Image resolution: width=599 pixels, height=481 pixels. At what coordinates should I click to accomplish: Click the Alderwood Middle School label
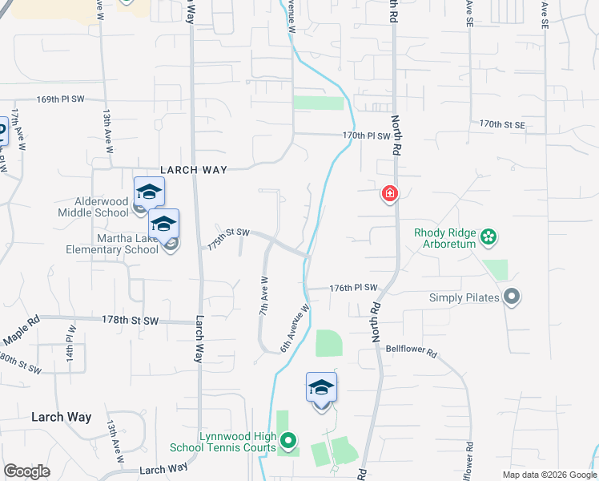[93, 207]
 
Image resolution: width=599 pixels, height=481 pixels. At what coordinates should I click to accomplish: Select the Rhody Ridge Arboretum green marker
[488, 236]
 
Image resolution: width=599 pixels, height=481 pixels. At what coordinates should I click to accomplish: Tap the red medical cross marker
[390, 194]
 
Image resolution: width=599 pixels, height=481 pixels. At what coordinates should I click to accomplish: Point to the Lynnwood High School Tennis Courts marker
[289, 440]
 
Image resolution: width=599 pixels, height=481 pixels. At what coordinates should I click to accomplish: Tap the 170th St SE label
[502, 125]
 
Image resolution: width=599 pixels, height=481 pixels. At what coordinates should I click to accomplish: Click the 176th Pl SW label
[353, 288]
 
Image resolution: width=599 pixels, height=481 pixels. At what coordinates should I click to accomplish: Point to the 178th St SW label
[130, 320]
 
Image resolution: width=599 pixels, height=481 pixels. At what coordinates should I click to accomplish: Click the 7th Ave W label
[263, 295]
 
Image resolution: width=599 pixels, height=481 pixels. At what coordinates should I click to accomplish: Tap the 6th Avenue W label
[294, 328]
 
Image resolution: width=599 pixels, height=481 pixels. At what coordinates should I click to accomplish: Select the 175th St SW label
[228, 238]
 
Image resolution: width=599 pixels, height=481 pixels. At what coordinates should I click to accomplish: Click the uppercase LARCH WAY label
[195, 170]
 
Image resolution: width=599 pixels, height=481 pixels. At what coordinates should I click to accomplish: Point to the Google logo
[26, 471]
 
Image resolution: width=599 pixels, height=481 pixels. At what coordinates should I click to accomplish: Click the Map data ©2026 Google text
[549, 475]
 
